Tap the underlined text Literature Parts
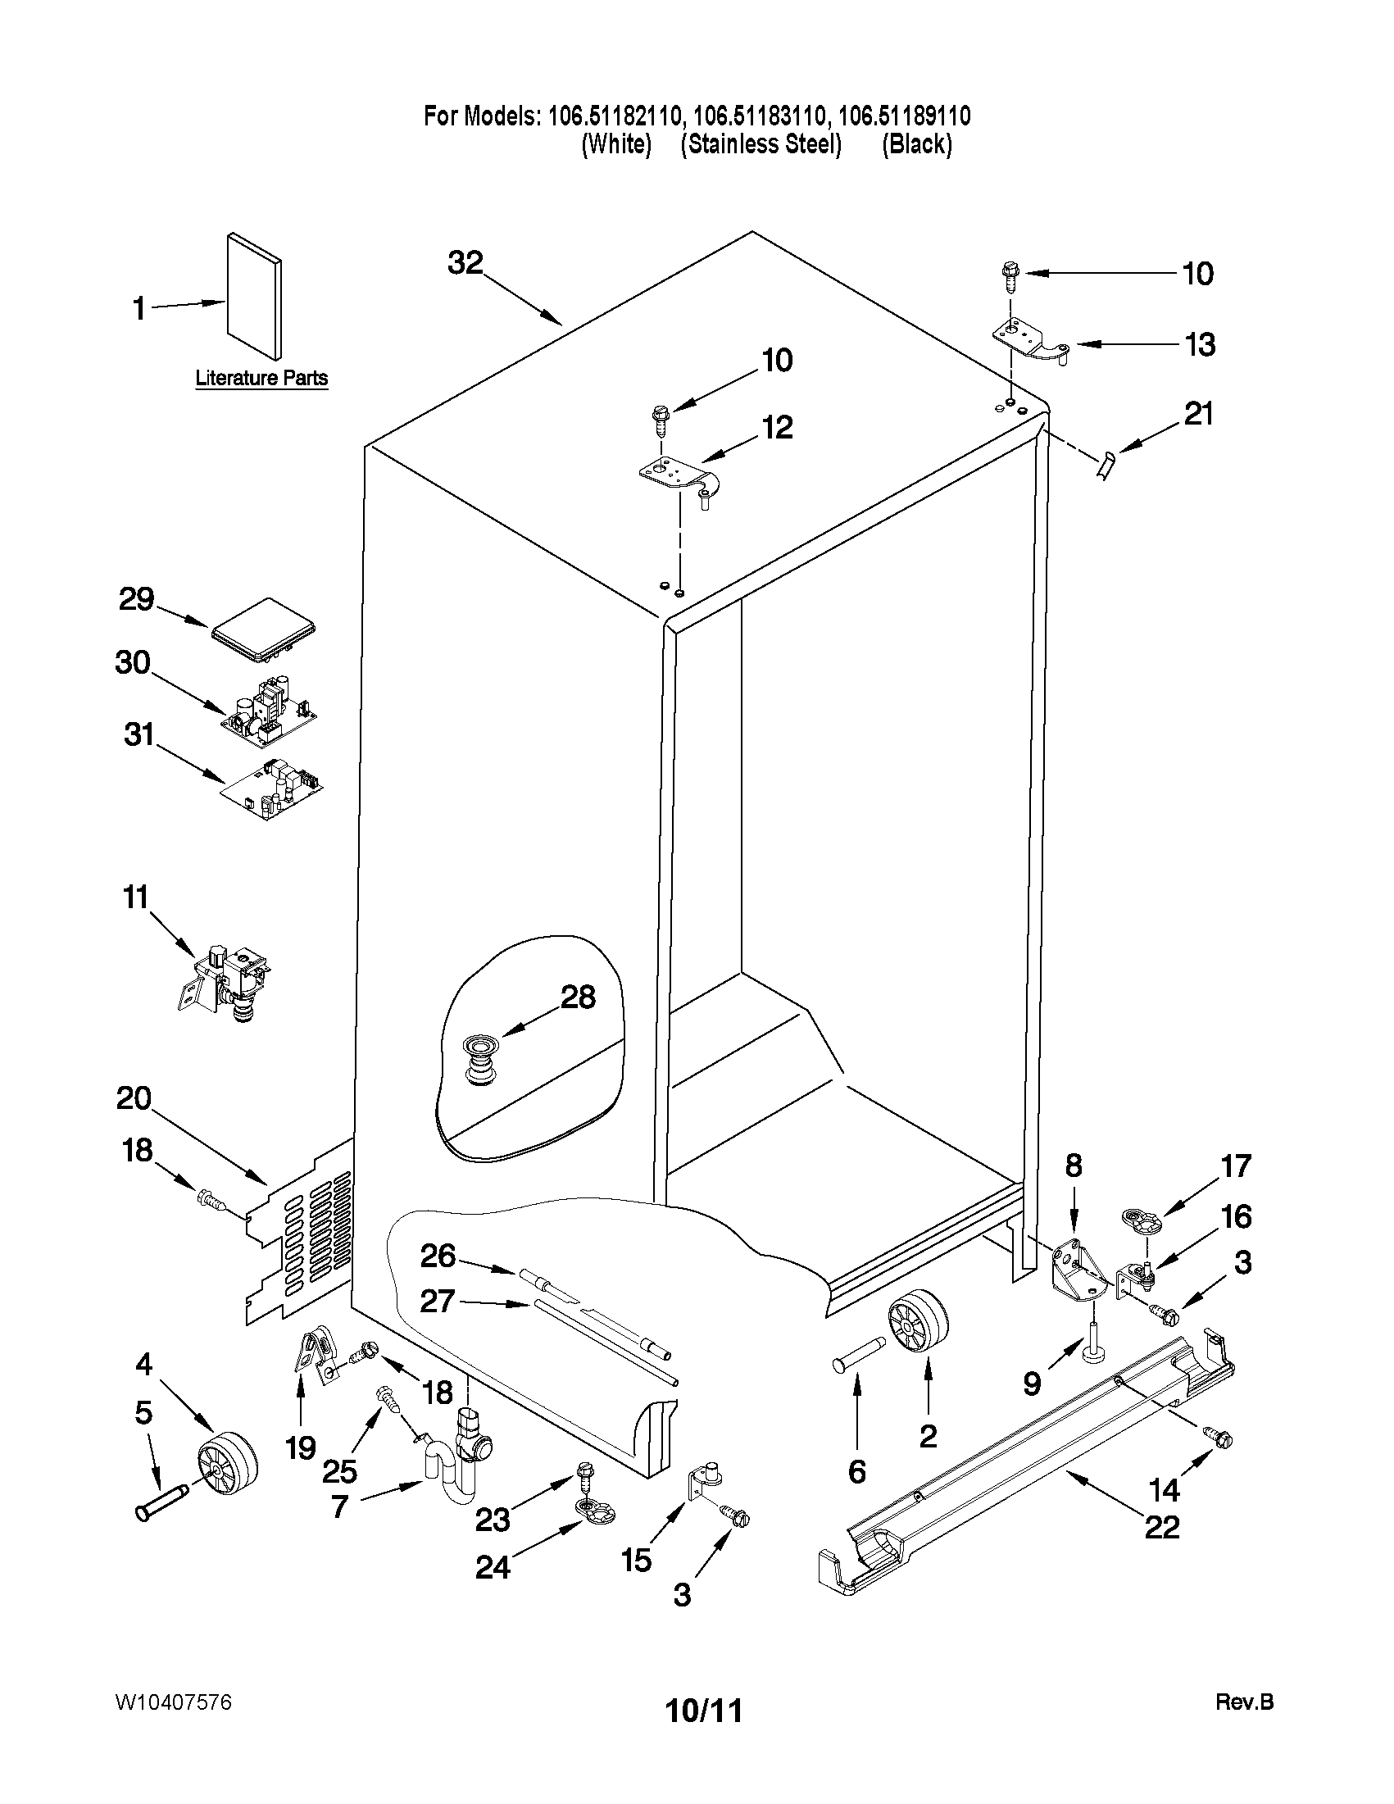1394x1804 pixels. pyautogui.click(x=261, y=379)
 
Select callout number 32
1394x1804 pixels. pyautogui.click(x=465, y=262)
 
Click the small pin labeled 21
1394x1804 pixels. pyautogui.click(x=1106, y=465)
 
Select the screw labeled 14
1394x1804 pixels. pyautogui.click(x=1218, y=1438)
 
